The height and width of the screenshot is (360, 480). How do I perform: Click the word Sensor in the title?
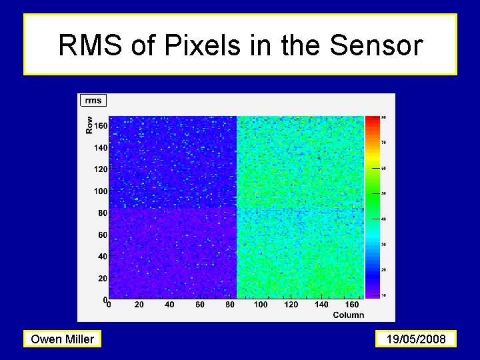click(377, 45)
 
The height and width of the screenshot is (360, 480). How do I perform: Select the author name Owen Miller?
click(63, 339)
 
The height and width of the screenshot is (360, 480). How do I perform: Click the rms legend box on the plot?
click(93, 101)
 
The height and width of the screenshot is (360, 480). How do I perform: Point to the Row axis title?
click(89, 125)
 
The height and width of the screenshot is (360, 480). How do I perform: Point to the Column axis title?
click(348, 315)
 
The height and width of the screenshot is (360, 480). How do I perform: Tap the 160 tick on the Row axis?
click(100, 125)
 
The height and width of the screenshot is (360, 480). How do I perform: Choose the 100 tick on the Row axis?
click(100, 191)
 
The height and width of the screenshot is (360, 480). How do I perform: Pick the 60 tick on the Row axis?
click(102, 235)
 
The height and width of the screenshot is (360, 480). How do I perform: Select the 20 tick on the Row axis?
click(102, 278)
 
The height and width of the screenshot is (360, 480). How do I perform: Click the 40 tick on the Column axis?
click(169, 305)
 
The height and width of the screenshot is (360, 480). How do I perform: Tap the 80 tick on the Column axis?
click(230, 305)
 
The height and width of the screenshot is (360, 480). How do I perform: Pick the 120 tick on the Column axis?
click(291, 305)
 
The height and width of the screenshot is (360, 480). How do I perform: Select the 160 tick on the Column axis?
click(351, 305)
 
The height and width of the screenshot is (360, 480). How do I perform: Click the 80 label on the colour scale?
click(384, 117)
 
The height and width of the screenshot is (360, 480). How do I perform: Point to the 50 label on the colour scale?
click(384, 193)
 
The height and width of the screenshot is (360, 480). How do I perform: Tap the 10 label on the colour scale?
click(384, 295)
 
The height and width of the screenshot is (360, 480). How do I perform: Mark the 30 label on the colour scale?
click(384, 244)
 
